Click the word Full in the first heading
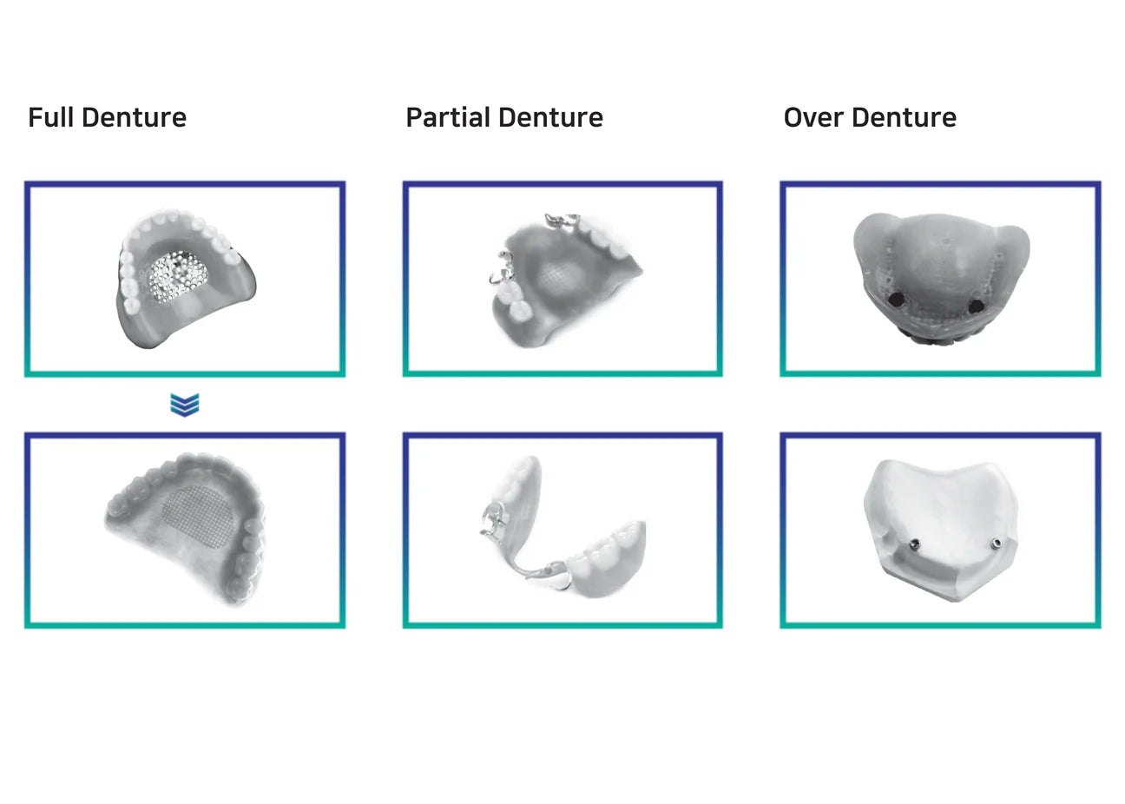pos(50,117)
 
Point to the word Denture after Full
pos(134,117)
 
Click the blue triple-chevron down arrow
pos(185,405)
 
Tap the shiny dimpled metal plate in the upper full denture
pos(178,276)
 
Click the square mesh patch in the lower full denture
pos(198,517)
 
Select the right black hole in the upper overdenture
pos(976,306)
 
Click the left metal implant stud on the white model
pos(915,544)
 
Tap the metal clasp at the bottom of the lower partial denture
pos(555,577)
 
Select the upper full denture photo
pos(185,280)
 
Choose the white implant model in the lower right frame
pos(941,531)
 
